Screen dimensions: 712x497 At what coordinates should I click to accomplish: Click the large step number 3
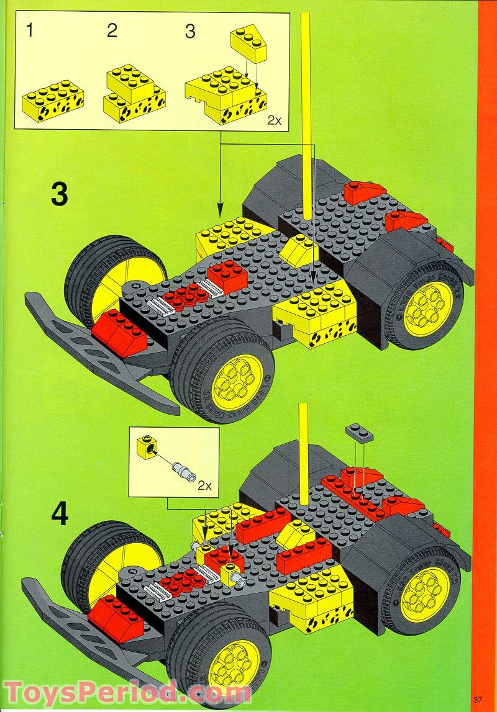59,195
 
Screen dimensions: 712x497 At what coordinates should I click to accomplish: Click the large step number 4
59,515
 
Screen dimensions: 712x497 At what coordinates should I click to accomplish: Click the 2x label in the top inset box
274,120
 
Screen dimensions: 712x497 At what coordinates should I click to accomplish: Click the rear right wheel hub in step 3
429,309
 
